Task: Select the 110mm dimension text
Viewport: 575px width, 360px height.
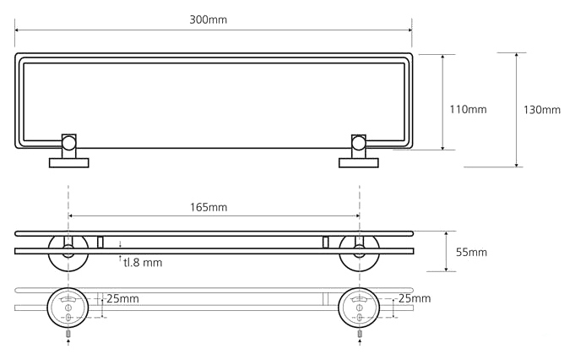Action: coord(468,109)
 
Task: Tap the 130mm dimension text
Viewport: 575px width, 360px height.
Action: coord(542,110)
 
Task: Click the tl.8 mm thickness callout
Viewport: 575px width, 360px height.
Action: coord(143,263)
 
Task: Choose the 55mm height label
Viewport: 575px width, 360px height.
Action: coord(470,252)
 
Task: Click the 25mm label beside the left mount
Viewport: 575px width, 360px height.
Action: coord(123,298)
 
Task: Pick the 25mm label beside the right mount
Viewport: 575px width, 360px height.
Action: coord(415,298)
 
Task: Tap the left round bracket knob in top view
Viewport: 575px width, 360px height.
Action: coord(68,144)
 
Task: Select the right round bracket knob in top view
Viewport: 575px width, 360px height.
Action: coord(358,144)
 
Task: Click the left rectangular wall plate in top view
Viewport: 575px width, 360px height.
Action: coord(68,161)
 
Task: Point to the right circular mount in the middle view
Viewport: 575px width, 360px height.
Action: coord(358,251)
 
